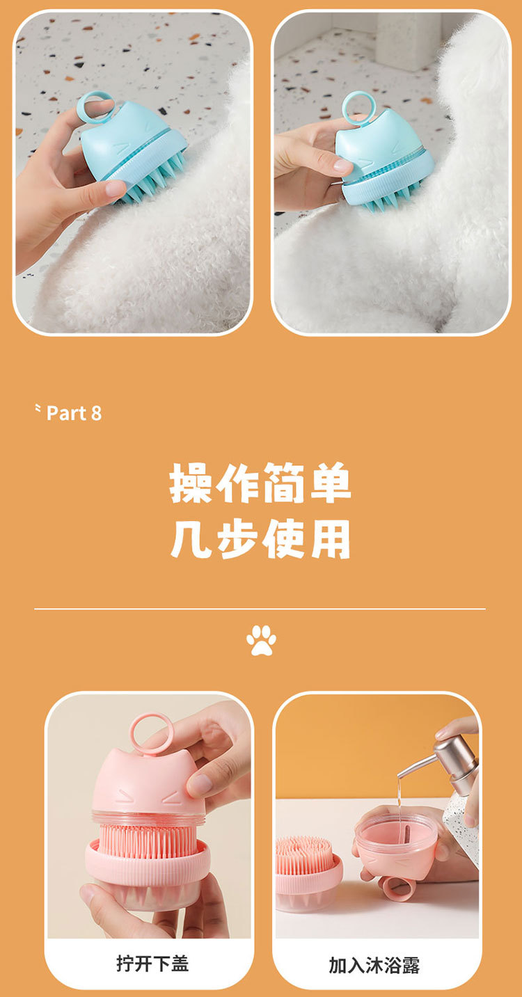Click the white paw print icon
pyautogui.click(x=261, y=640)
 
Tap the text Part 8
pyautogui.click(x=74, y=413)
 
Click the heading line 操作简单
pyautogui.click(x=260, y=483)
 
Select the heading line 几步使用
pyautogui.click(x=260, y=539)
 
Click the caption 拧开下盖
pyautogui.click(x=152, y=964)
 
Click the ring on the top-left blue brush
pyautogui.click(x=94, y=107)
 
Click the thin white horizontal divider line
pyautogui.click(x=260, y=609)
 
